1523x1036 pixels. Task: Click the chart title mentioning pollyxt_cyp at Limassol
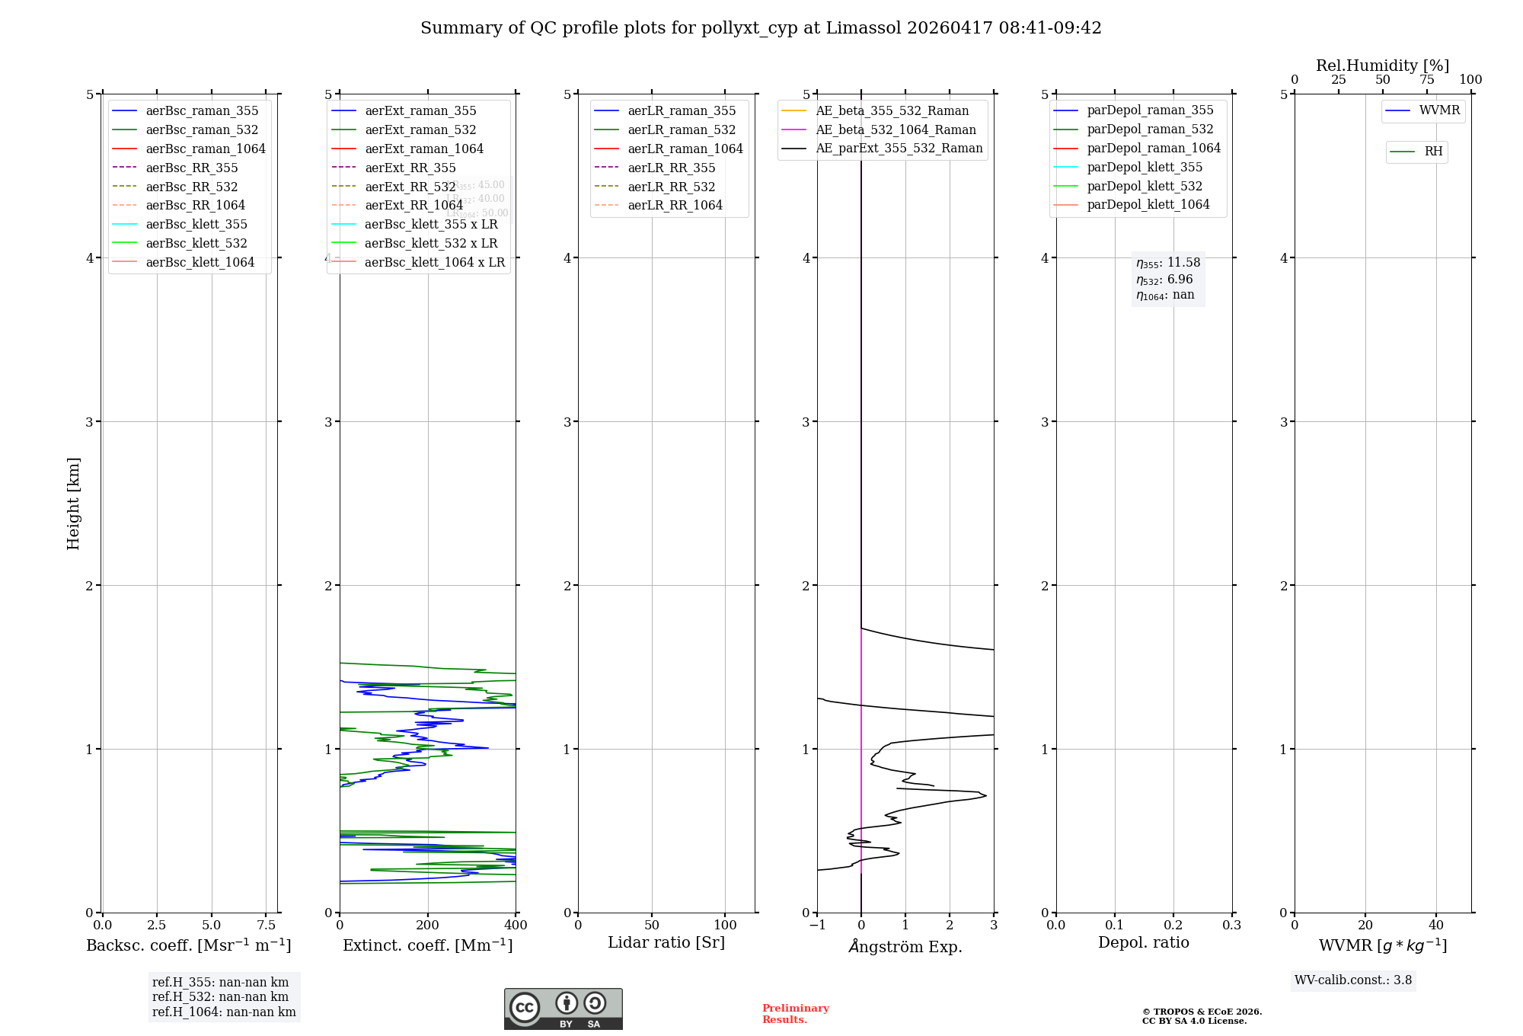pos(761,28)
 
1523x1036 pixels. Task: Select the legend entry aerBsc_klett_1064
pos(200,262)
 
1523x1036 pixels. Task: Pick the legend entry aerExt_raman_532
pos(420,129)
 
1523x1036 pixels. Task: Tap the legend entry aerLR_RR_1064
pos(675,205)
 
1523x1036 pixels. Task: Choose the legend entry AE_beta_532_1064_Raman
pos(896,129)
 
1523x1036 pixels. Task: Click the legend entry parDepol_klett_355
pos(1145,167)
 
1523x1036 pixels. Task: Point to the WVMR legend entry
pos(1439,110)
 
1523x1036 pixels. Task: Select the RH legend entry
pos(1433,152)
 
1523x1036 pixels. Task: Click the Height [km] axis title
pos(73,503)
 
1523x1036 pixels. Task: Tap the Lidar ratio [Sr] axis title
pos(666,942)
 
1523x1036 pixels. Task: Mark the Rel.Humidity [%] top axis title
pos(1382,66)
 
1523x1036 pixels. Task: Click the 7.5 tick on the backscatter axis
pos(266,926)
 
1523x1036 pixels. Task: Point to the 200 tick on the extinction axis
pos(428,926)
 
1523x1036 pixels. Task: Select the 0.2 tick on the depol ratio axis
pos(1173,926)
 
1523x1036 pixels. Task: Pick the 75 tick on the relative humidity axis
pos(1426,80)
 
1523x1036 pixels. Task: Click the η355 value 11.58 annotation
pos(1168,263)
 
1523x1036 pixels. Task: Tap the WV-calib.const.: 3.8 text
pos(1353,980)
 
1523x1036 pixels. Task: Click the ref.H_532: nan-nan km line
pos(220,996)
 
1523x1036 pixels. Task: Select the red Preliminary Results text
pos(795,1014)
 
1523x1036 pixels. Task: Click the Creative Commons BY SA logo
pos(563,1009)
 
